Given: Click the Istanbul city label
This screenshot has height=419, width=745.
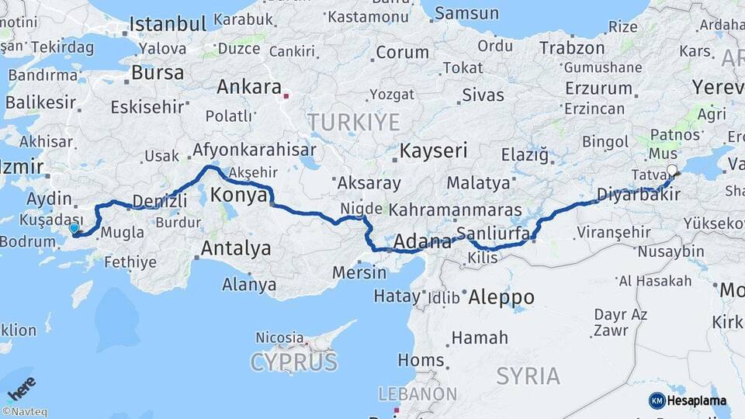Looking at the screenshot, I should click(x=168, y=24).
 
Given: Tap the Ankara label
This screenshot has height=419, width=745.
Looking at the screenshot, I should click(x=248, y=88).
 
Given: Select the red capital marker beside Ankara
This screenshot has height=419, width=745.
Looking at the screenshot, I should click(x=286, y=97).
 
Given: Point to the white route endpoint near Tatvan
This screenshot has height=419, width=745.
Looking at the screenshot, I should click(x=672, y=173).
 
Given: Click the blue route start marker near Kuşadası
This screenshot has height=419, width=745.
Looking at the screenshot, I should click(x=74, y=229).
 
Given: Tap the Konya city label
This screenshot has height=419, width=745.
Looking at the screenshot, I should click(x=239, y=195).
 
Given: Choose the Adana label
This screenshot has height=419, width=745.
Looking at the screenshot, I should click(x=423, y=242).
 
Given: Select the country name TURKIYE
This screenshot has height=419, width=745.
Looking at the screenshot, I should click(x=353, y=122).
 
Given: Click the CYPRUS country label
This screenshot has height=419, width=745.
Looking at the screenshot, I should click(x=294, y=362).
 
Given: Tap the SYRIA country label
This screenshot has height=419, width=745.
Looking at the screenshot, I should click(x=528, y=376).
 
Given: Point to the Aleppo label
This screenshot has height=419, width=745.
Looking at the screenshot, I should click(x=501, y=297).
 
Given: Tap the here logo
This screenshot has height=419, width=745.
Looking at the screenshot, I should click(x=21, y=388).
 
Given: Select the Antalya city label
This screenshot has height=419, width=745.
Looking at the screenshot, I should click(x=236, y=249).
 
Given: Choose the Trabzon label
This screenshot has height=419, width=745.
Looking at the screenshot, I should click(x=572, y=49).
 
